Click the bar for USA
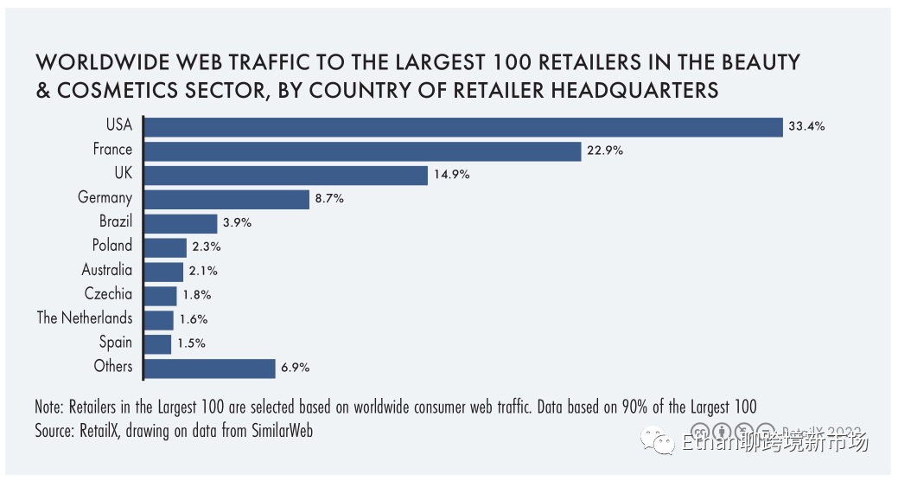(462, 127)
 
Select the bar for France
(362, 151)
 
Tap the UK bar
(285, 176)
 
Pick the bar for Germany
(226, 199)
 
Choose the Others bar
(209, 368)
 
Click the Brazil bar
(181, 223)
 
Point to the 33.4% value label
(806, 126)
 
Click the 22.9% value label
(604, 151)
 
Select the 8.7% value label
(329, 199)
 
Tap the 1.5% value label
(191, 343)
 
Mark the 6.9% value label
(295, 368)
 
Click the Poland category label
(112, 246)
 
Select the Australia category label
(107, 270)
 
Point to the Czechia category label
(109, 294)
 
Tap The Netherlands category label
(85, 317)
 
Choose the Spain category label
(116, 342)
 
